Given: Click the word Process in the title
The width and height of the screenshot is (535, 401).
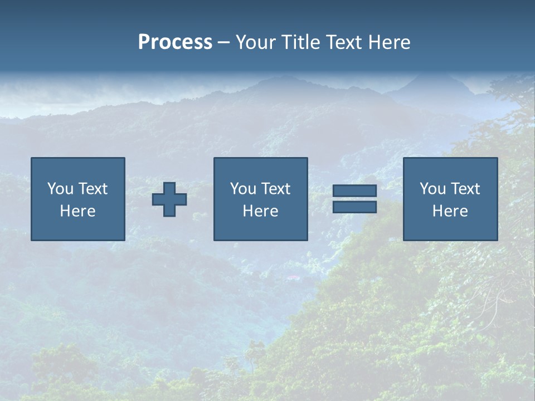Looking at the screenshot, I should click(x=175, y=42).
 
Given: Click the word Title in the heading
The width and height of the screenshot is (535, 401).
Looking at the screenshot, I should click(x=299, y=42).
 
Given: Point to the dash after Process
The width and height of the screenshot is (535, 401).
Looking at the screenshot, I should click(x=223, y=43).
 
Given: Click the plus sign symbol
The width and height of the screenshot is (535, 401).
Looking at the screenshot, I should click(x=169, y=199).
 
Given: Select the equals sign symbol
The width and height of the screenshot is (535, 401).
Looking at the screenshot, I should click(x=354, y=199).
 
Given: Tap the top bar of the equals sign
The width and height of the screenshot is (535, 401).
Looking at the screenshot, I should click(x=354, y=191).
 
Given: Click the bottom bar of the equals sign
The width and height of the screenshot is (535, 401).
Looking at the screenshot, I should click(x=354, y=207).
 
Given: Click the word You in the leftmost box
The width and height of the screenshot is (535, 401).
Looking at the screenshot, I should click(x=60, y=189).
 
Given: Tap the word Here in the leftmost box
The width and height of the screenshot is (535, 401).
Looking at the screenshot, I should click(x=77, y=211).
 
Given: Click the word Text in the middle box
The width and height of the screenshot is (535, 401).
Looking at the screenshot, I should click(x=276, y=189).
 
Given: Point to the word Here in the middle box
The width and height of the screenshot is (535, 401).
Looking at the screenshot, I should click(x=260, y=211).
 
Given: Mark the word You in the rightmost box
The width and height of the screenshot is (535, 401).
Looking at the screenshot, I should click(x=432, y=189).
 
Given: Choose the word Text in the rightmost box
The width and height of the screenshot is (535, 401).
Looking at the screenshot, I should click(x=465, y=189).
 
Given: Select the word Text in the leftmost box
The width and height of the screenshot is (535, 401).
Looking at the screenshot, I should click(x=93, y=189).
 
